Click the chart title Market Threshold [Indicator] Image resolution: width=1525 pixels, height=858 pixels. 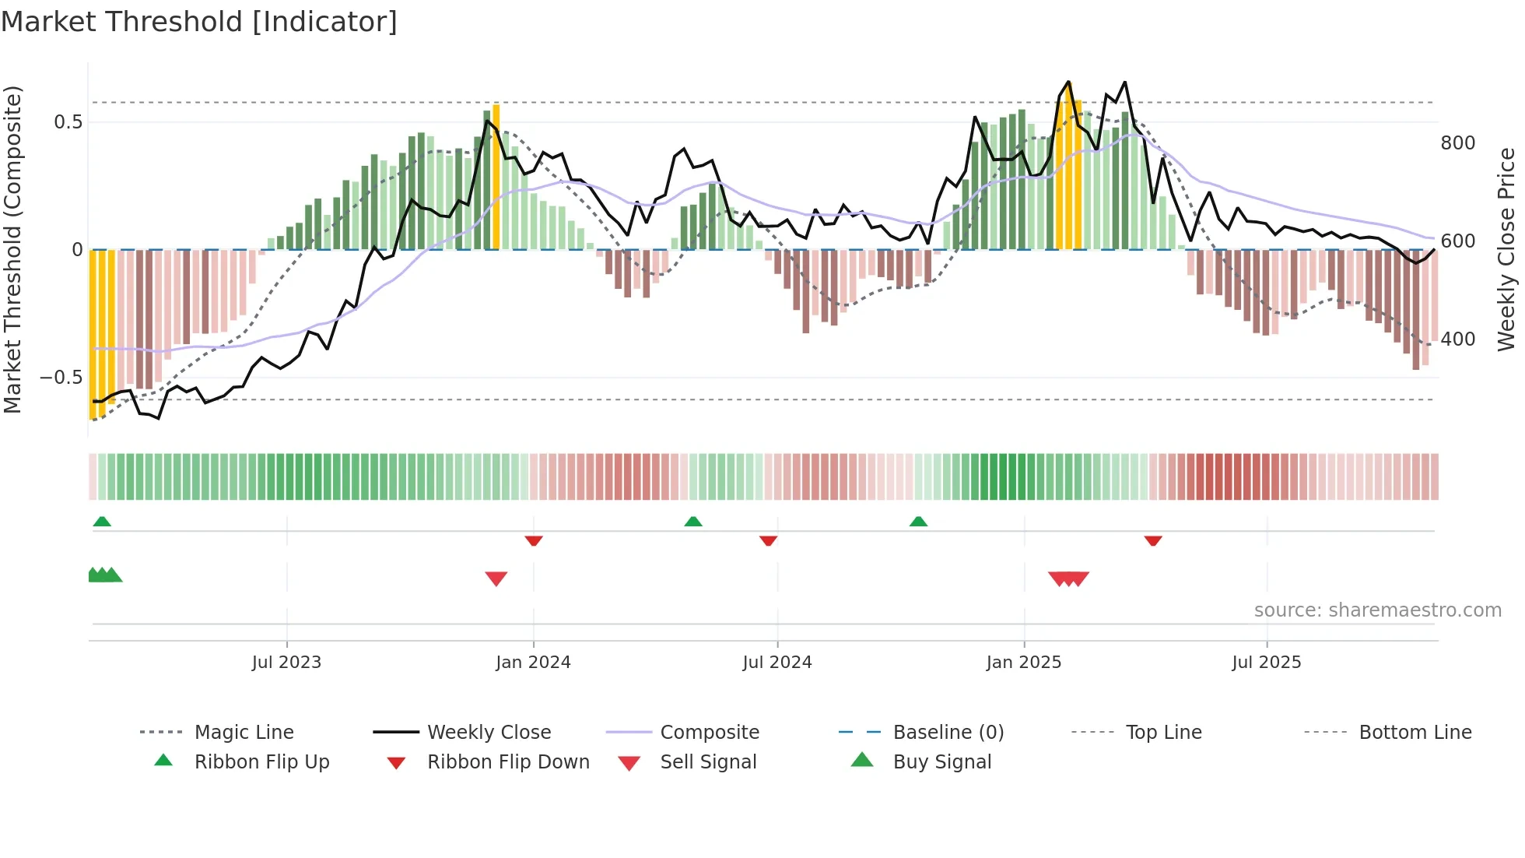(x=199, y=22)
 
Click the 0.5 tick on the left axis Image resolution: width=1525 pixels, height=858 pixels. (x=68, y=122)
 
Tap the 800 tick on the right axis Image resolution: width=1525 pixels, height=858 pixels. (x=1457, y=143)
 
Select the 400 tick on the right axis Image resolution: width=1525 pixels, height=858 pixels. (x=1457, y=339)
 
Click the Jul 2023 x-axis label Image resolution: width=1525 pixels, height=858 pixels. (x=286, y=663)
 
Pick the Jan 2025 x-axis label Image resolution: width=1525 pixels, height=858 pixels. (x=1023, y=663)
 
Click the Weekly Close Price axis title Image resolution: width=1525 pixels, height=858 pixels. (x=1506, y=249)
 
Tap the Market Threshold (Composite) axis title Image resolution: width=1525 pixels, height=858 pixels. (x=12, y=249)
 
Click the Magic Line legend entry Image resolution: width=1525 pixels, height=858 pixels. (x=244, y=733)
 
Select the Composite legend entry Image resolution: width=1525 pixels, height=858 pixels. (x=709, y=733)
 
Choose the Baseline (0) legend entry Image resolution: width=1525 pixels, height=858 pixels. (x=948, y=733)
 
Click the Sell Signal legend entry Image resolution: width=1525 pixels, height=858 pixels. (x=707, y=762)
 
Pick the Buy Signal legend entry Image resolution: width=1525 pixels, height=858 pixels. (x=941, y=762)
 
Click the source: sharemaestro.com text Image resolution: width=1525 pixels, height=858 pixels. (x=1377, y=610)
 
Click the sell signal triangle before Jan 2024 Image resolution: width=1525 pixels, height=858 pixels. (x=496, y=578)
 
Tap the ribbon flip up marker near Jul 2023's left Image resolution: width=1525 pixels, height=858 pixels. (x=102, y=522)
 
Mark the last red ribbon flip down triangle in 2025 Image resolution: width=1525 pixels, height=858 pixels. (x=1153, y=540)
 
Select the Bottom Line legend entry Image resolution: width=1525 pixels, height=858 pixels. (x=1415, y=733)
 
